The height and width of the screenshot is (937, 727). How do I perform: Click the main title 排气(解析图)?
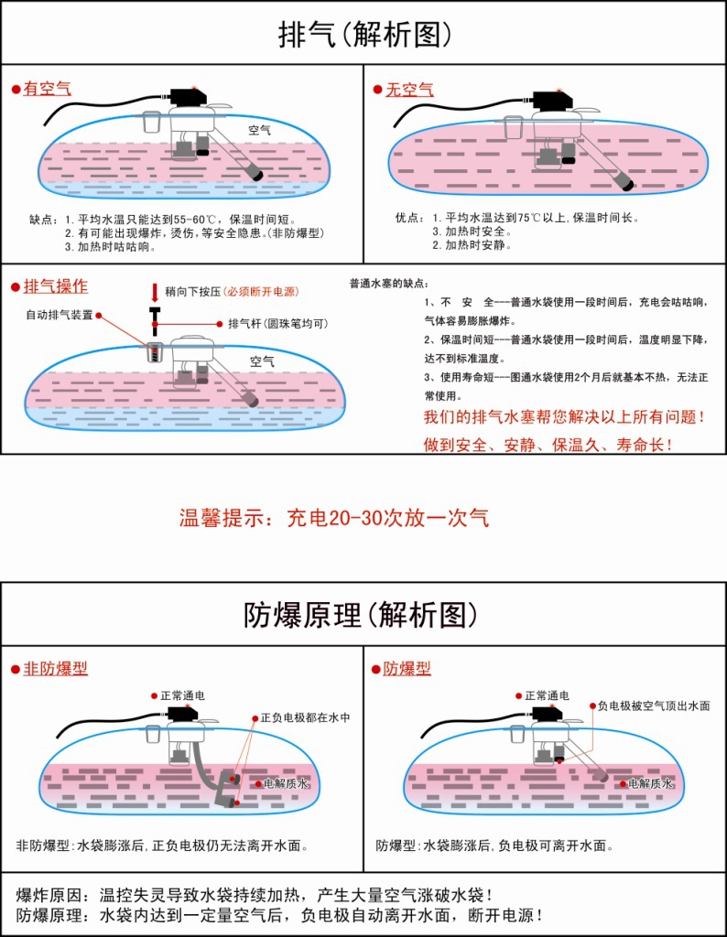(x=364, y=34)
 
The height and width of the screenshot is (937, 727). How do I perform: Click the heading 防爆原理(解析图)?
(x=363, y=615)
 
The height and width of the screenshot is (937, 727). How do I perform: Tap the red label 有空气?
(x=47, y=89)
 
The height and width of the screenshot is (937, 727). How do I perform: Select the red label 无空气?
(x=409, y=90)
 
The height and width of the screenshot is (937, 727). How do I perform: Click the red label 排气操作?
(x=56, y=286)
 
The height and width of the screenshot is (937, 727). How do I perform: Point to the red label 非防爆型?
(x=55, y=669)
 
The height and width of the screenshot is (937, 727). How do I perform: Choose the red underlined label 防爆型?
(x=407, y=669)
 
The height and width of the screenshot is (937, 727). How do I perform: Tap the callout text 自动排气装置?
(x=59, y=315)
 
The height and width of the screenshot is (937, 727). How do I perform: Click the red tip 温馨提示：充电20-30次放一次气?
(x=334, y=518)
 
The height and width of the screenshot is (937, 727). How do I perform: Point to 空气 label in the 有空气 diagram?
(x=260, y=131)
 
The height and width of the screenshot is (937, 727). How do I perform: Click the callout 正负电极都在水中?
(x=305, y=717)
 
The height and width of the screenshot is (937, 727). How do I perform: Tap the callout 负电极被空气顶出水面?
(x=654, y=706)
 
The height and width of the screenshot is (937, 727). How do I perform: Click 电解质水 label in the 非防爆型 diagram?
(x=287, y=784)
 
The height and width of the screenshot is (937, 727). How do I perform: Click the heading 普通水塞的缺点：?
(x=389, y=283)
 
